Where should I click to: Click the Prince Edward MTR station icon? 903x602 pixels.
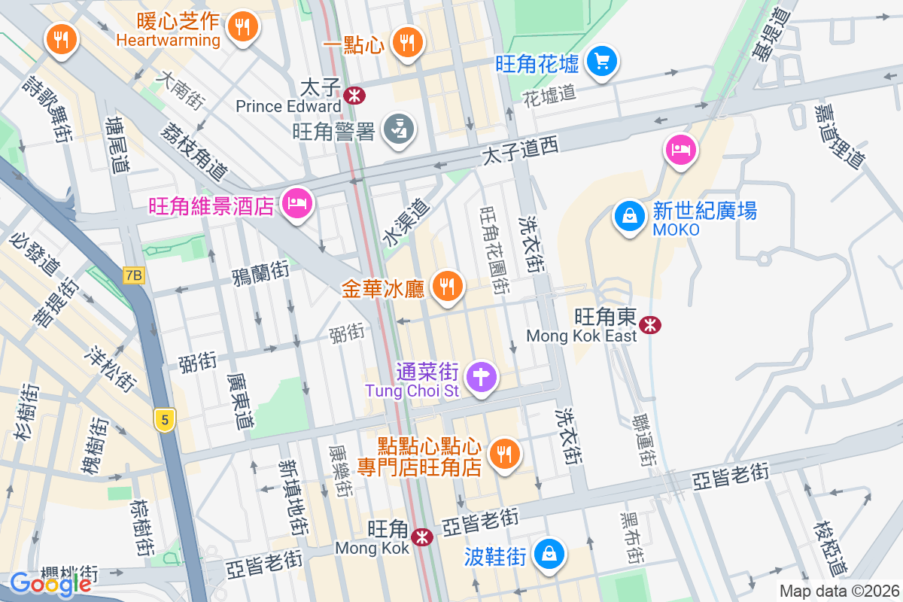pyautogui.click(x=353, y=96)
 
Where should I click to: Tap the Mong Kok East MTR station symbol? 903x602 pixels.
pyautogui.click(x=649, y=324)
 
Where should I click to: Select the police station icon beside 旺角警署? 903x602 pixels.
pyautogui.click(x=399, y=129)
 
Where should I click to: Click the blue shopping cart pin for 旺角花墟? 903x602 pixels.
pyautogui.click(x=602, y=61)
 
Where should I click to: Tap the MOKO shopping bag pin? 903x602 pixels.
pyautogui.click(x=629, y=217)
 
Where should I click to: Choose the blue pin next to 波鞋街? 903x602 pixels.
pyautogui.click(x=550, y=555)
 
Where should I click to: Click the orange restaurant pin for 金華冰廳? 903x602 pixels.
pyautogui.click(x=448, y=287)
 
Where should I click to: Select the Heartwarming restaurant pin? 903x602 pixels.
pyautogui.click(x=242, y=28)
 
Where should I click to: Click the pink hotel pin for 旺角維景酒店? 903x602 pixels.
pyautogui.click(x=297, y=203)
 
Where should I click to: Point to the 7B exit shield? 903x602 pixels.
pyautogui.click(x=133, y=275)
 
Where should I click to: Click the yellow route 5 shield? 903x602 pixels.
pyautogui.click(x=164, y=419)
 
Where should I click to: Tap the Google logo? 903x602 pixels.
pyautogui.click(x=50, y=583)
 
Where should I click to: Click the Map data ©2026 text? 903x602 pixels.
pyautogui.click(x=838, y=591)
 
